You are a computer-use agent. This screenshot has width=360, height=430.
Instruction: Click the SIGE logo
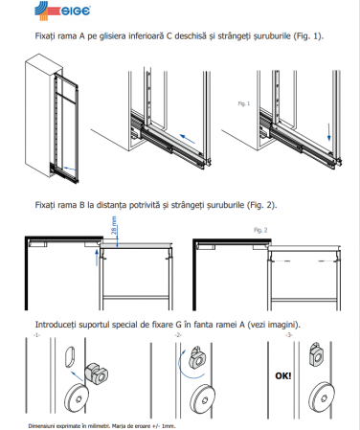62,11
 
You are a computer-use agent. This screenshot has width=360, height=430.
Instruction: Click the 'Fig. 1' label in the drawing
244,103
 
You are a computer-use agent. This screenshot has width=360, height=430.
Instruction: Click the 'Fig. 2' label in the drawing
260,230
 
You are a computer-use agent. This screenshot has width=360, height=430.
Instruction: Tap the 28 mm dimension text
114,225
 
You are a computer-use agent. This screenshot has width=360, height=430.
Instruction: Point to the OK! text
283,375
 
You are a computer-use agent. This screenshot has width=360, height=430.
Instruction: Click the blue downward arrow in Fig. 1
328,132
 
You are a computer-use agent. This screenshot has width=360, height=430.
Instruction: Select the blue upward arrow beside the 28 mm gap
98,258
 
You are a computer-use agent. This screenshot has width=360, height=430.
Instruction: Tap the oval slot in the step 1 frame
71,359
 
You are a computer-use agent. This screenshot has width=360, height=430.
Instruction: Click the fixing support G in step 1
96,373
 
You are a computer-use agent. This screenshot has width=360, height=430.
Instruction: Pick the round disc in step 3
322,395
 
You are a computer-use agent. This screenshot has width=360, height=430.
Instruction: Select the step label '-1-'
36,335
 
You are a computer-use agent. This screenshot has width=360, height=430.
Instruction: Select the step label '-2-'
178,335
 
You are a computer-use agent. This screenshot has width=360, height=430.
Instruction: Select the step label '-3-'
289,335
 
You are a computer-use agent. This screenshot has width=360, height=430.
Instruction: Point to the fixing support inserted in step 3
316,354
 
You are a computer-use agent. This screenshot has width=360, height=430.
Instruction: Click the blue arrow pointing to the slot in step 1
77,376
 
